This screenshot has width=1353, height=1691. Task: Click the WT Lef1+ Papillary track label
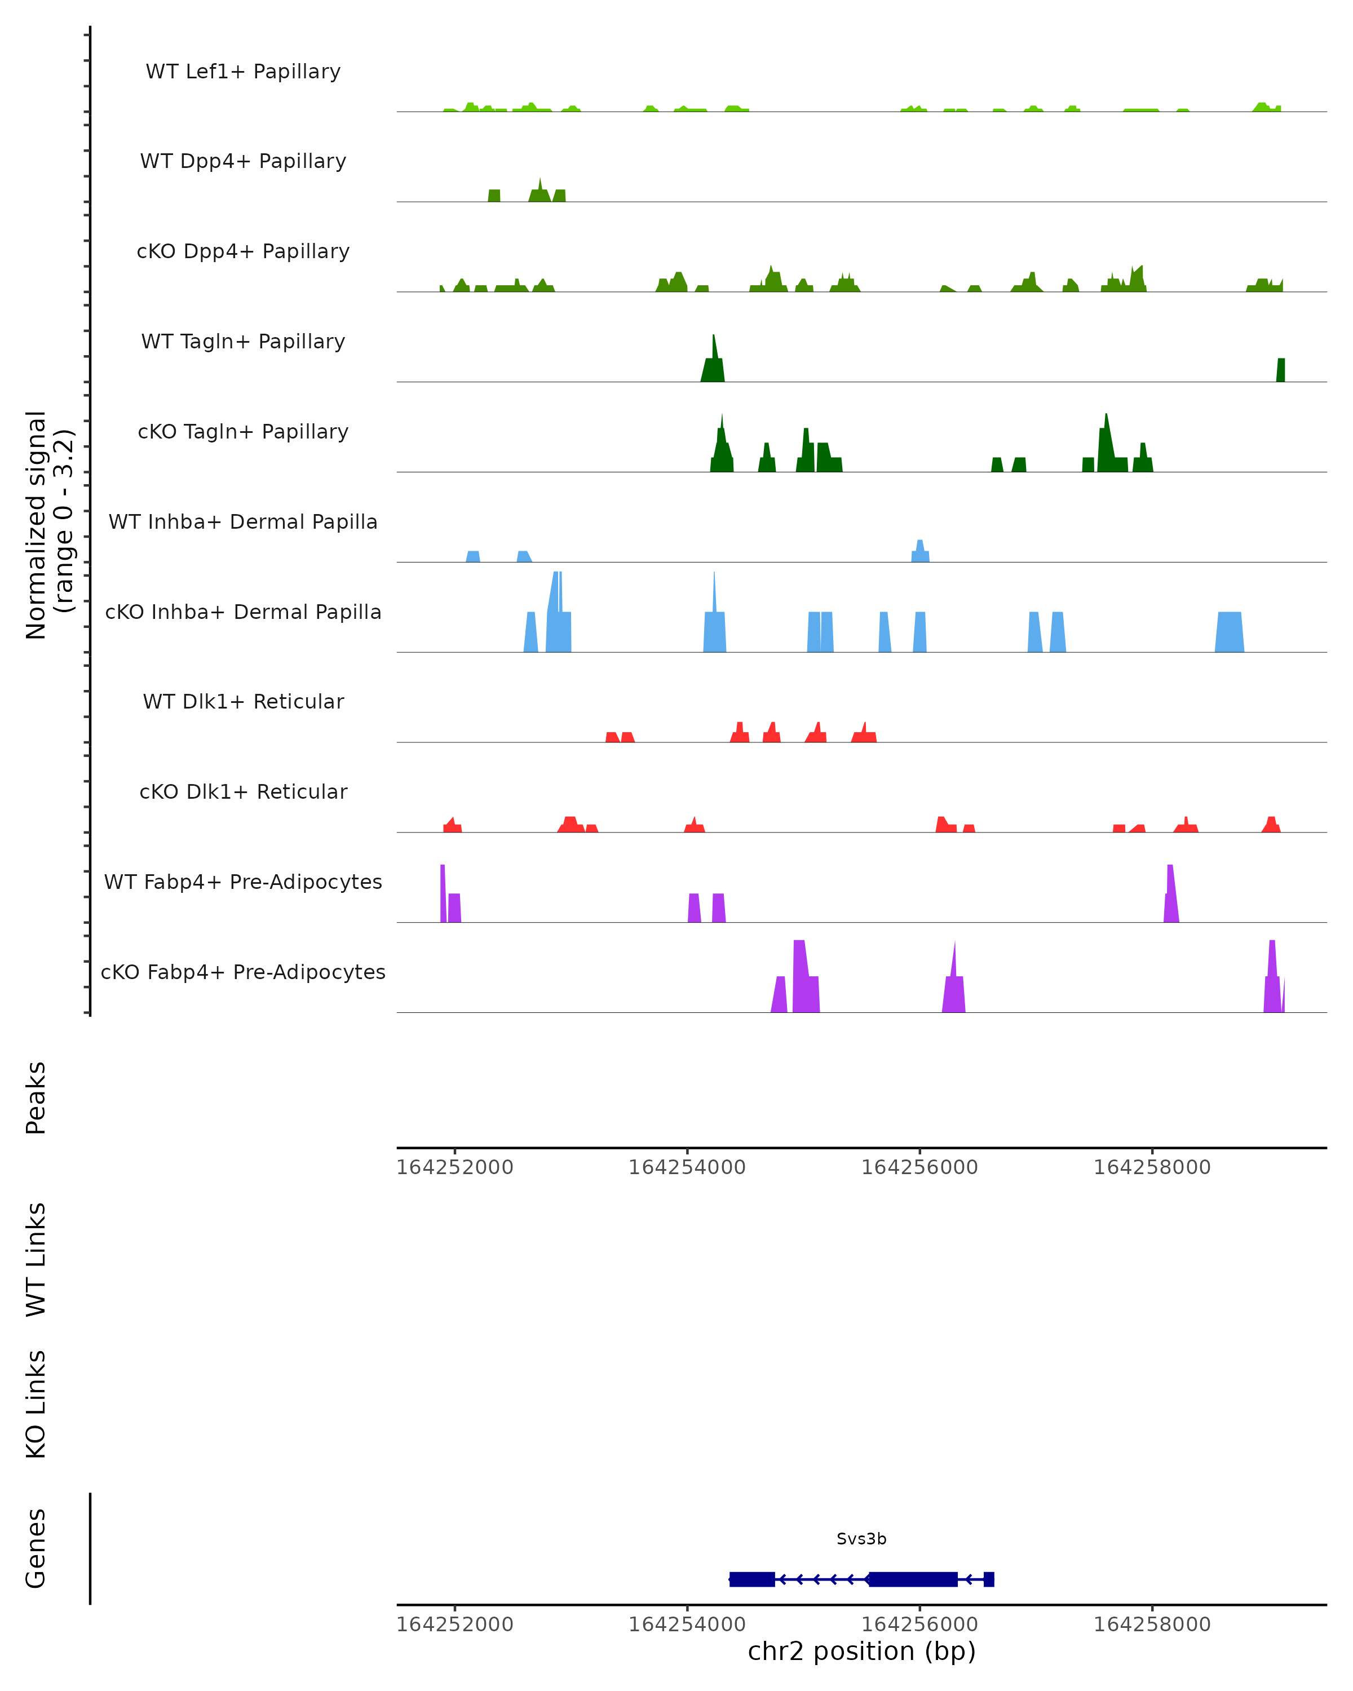click(x=243, y=72)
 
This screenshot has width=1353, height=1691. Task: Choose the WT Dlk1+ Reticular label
click(x=243, y=701)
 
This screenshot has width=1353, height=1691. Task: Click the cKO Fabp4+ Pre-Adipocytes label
click(x=243, y=972)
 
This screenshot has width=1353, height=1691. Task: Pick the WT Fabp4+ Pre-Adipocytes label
click(x=243, y=882)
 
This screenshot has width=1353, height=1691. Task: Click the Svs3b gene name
click(x=861, y=1539)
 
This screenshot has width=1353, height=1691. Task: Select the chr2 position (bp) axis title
click(x=861, y=1651)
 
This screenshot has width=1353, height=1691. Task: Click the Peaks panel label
click(x=36, y=1097)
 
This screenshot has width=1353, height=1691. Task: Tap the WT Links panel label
click(x=36, y=1259)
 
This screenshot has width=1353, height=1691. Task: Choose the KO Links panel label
click(x=36, y=1404)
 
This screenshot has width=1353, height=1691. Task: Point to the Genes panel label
click(x=36, y=1548)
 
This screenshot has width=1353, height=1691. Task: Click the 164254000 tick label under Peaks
click(x=687, y=1167)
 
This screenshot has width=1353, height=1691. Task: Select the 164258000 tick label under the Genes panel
click(x=1152, y=1624)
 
